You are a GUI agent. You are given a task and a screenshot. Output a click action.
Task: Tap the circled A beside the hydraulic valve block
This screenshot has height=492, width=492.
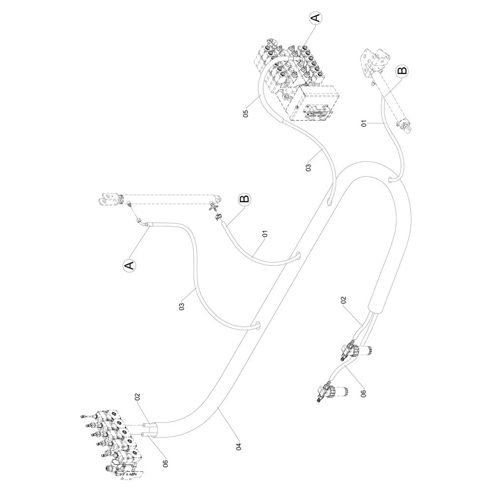point(315,18)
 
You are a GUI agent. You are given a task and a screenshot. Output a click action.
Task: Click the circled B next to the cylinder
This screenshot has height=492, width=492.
point(402,70)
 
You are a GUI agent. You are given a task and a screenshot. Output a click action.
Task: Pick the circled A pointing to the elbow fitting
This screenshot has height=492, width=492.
point(128,266)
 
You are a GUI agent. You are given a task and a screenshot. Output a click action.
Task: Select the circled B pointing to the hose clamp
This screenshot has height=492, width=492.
point(244,200)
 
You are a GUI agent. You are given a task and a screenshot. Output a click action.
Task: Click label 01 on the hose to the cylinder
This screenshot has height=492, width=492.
point(364,123)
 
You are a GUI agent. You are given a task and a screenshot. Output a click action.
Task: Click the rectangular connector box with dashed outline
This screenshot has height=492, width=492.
point(315,105)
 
